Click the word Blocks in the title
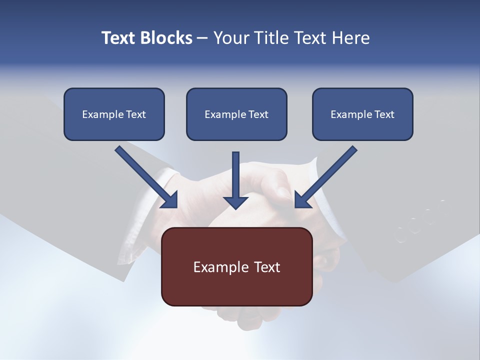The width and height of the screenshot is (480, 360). pos(166,38)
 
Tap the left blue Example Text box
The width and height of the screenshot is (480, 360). pos(114,114)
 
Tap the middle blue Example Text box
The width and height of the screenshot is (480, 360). pos(236,114)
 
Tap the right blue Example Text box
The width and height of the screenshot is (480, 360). pos(362,114)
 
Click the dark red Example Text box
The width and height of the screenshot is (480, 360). pos(237,266)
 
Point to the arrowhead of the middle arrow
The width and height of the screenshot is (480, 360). pos(235,201)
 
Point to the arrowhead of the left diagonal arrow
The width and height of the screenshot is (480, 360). pos(170,200)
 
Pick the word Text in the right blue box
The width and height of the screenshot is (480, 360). pos(384,114)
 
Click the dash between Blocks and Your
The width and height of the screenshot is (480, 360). pos(202,38)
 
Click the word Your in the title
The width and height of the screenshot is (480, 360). pos(231,38)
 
